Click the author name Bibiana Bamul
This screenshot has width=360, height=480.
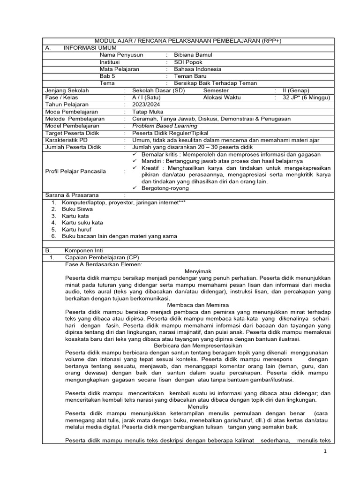(193, 55)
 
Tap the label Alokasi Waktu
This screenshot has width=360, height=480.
(222, 97)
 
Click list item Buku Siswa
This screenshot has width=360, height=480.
(77, 209)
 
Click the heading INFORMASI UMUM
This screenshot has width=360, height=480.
(90, 48)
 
